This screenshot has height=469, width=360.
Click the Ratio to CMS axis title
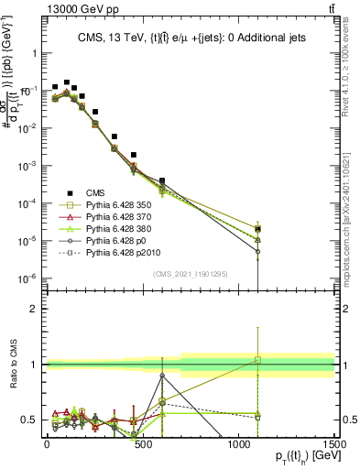pyautogui.click(x=12, y=377)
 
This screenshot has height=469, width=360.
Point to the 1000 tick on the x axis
pyautogui.click(x=239, y=443)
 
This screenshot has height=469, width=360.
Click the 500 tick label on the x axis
pyautogui.click(x=143, y=443)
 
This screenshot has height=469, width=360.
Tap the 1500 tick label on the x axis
pyautogui.click(x=335, y=443)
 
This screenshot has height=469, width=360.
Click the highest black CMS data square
pyautogui.click(x=67, y=82)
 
